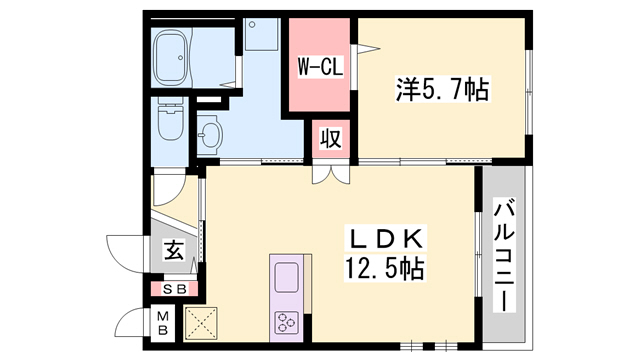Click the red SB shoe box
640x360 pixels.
pyautogui.click(x=174, y=290)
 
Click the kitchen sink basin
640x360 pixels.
pyautogui.click(x=286, y=276)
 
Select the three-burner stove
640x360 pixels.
pyautogui.click(x=286, y=321)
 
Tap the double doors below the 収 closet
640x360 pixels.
pyautogui.click(x=330, y=172)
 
